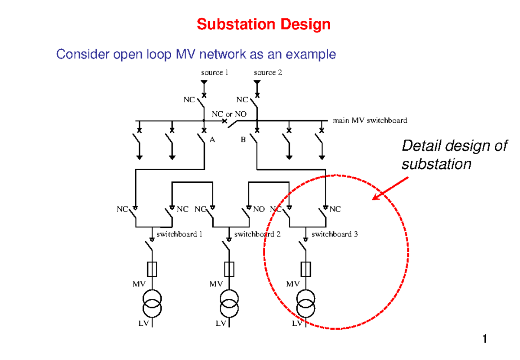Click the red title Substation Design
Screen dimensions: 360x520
click(x=263, y=24)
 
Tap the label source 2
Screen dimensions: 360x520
click(x=268, y=72)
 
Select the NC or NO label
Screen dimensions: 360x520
click(x=229, y=114)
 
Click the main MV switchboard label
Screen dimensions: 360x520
click(x=370, y=120)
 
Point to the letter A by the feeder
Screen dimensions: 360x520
click(x=212, y=140)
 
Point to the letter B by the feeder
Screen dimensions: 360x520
click(x=243, y=140)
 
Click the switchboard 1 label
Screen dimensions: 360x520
click(x=179, y=234)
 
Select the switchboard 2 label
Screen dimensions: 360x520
click(x=257, y=234)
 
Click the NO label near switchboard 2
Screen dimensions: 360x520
click(x=259, y=209)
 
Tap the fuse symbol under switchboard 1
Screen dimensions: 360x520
click(x=152, y=269)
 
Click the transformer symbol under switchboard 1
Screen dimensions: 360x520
click(x=152, y=303)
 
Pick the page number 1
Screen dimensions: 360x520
click(x=485, y=339)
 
